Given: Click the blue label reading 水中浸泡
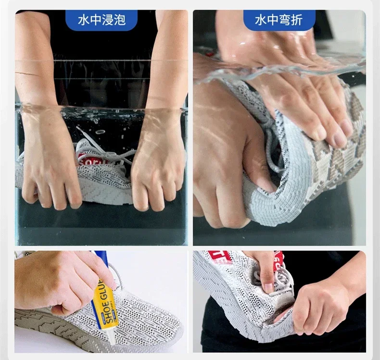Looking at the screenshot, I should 101,20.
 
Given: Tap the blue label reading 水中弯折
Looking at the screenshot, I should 279,20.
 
